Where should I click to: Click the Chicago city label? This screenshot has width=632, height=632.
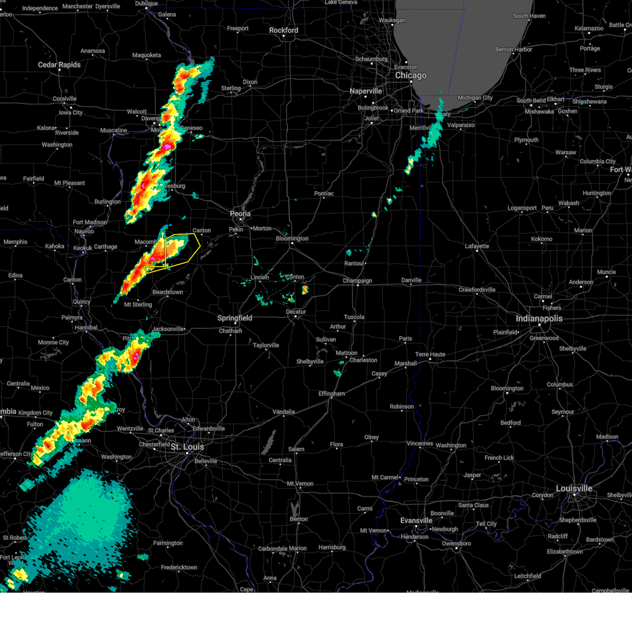click(x=411, y=75)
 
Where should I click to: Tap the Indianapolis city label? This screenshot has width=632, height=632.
click(x=539, y=319)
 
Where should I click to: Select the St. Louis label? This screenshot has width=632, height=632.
click(x=187, y=447)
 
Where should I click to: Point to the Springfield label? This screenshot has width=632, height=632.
click(x=235, y=318)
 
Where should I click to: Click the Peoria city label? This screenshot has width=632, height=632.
click(x=240, y=214)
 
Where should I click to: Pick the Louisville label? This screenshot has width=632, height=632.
click(x=574, y=488)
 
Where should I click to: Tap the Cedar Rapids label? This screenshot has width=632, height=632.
click(x=59, y=65)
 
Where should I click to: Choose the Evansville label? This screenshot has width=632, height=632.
click(x=416, y=520)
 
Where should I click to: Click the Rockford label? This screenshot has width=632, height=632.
click(x=283, y=31)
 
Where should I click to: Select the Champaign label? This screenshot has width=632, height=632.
click(x=357, y=281)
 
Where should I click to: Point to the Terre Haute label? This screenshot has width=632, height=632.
click(x=430, y=354)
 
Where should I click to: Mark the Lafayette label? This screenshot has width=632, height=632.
click(x=477, y=246)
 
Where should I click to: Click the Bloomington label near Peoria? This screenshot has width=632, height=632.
click(x=292, y=239)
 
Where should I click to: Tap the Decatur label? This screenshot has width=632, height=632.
click(x=296, y=312)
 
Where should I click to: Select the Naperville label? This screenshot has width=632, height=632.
click(x=366, y=91)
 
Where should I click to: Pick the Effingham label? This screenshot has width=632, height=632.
click(x=331, y=394)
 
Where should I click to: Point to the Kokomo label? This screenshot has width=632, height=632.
click(x=541, y=239)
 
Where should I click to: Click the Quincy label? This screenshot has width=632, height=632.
click(x=82, y=302)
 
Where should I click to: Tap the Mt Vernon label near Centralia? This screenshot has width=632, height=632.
click(x=300, y=483)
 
